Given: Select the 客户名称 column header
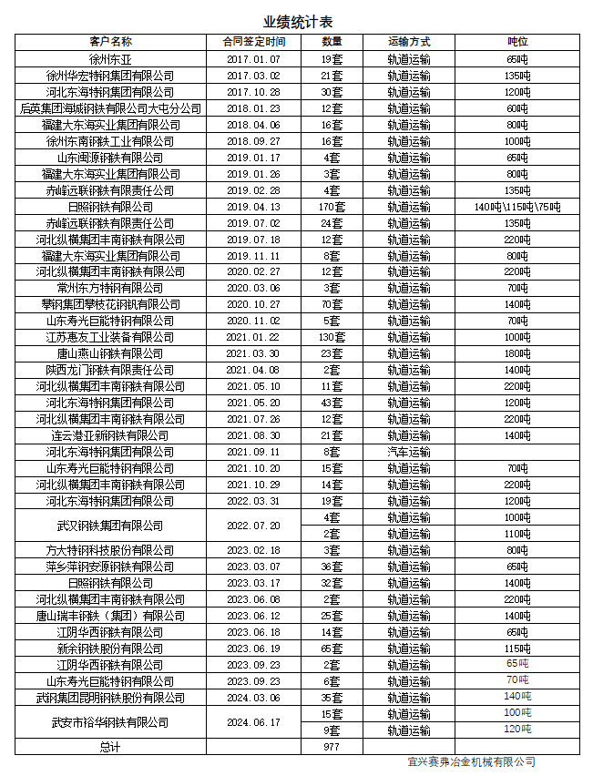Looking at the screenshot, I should (110, 42).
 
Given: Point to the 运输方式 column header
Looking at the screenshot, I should (408, 42).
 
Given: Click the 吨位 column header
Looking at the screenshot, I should (517, 42).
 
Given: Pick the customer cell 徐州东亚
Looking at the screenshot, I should (110, 59).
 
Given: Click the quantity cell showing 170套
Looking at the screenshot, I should (332, 207).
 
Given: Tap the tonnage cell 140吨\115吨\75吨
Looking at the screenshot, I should (517, 207).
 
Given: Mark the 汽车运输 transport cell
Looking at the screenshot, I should (408, 452).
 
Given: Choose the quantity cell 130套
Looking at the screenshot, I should (332, 337).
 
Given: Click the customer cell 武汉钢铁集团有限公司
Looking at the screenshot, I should (110, 526).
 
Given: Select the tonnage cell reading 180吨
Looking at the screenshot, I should (517, 353).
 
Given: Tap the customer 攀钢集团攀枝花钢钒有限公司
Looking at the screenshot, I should (110, 304).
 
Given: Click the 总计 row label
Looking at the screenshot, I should (110, 746).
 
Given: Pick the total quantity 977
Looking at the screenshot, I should (332, 746).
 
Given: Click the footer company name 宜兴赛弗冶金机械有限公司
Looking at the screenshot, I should (472, 762).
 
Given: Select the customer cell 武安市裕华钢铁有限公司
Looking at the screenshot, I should (110, 722).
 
